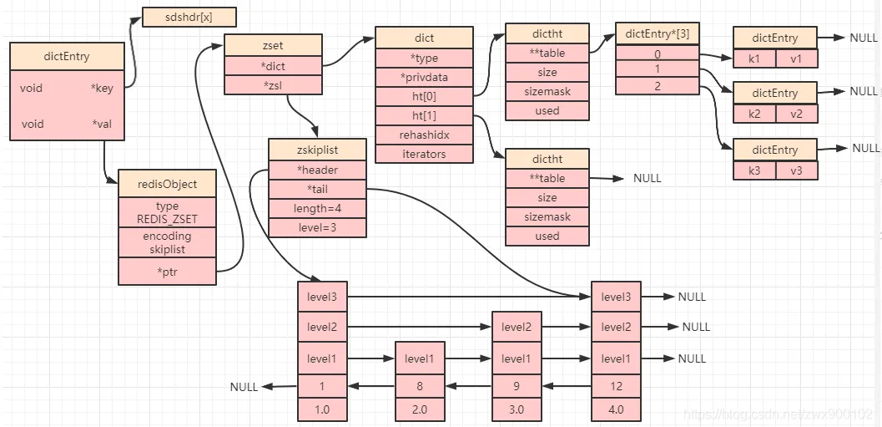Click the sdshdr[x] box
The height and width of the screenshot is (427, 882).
tap(189, 17)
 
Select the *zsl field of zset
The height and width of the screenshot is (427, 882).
tap(273, 85)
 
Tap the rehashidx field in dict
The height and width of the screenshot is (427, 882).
tap(424, 135)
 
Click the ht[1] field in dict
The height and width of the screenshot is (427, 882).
tap(424, 115)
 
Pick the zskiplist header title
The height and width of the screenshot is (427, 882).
tap(317, 150)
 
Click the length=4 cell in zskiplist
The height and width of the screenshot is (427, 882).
tap(317, 208)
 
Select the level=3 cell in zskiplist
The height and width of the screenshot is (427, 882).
tap(317, 227)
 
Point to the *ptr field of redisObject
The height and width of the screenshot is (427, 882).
tap(167, 271)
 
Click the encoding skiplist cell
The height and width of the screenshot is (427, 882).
tap(167, 242)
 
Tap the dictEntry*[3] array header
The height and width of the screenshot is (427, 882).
tap(657, 34)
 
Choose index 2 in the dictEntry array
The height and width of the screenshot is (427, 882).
tap(657, 87)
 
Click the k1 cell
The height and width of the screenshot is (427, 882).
tap(754, 58)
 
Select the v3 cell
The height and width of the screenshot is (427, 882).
tap(796, 170)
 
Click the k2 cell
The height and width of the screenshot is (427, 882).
tap(754, 114)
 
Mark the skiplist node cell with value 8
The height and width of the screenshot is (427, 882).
tap(420, 386)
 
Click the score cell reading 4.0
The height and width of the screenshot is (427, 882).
tap(616, 410)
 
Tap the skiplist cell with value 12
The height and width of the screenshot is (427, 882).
tap(616, 386)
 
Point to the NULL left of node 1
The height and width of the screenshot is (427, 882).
tap(244, 387)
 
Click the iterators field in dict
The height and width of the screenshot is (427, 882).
tap(424, 154)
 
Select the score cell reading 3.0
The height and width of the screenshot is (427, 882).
tap(517, 410)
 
